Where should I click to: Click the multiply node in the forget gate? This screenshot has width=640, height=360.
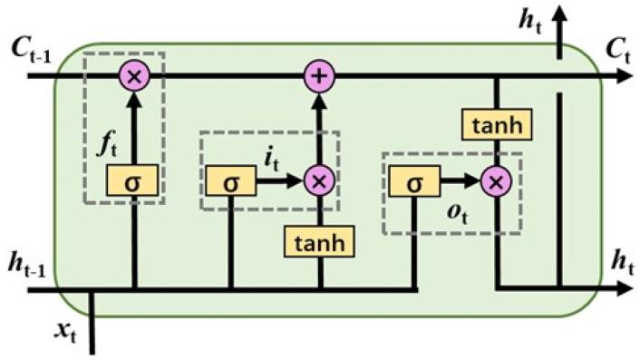[135, 76]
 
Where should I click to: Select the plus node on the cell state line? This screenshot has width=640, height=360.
[318, 76]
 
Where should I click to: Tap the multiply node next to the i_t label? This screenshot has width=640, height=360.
[318, 181]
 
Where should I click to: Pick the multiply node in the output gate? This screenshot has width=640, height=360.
[496, 182]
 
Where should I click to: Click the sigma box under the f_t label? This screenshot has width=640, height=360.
[135, 181]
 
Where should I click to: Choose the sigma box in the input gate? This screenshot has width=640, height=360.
[230, 181]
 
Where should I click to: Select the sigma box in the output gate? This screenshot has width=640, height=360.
[414, 182]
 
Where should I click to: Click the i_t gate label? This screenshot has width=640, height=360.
[273, 159]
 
